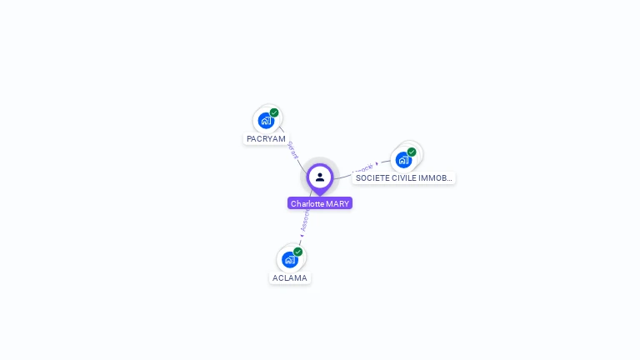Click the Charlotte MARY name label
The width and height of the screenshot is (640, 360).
click(320, 203)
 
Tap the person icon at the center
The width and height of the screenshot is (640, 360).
click(320, 177)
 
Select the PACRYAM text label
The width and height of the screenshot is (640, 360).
click(266, 139)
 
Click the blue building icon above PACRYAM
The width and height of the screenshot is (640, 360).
click(266, 120)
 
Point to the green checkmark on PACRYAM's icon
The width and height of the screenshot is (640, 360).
click(274, 112)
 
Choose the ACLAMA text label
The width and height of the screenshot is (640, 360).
click(290, 278)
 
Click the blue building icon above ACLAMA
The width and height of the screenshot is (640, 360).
click(289, 259)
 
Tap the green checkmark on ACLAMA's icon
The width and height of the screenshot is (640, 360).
click(297, 252)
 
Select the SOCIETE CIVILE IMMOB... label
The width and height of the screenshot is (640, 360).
click(404, 178)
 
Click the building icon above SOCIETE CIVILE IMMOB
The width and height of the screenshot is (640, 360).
click(403, 159)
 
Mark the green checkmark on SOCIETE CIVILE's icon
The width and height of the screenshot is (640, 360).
click(412, 152)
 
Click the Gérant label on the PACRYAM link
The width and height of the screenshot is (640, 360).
click(292, 150)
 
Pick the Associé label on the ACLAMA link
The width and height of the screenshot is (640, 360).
click(305, 221)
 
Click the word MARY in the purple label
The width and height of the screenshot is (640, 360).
click(338, 203)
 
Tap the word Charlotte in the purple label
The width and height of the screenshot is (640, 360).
click(307, 203)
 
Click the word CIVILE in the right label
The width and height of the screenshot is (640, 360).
click(404, 178)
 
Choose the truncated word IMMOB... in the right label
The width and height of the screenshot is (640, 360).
click(437, 178)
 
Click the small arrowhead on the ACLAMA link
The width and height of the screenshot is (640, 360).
click(302, 236)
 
